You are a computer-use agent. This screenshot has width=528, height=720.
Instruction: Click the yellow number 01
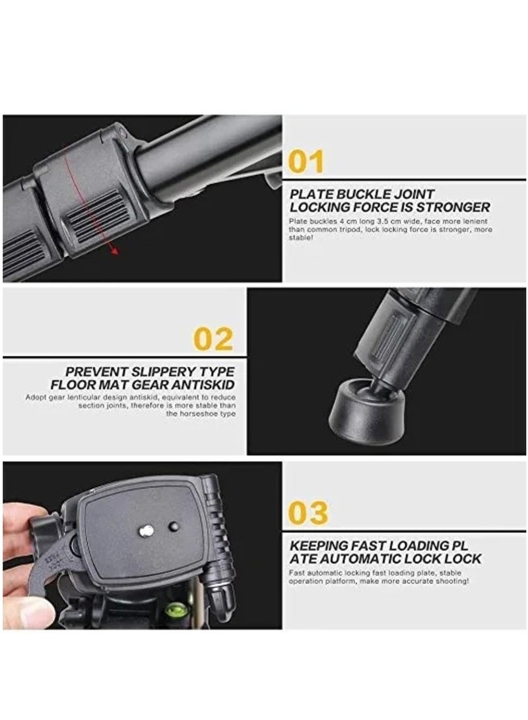point(306,162)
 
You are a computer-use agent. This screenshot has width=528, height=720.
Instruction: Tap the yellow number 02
point(213,339)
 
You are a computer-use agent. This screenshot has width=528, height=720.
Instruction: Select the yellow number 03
point(308,513)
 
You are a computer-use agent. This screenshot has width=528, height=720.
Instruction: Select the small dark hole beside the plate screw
point(174,526)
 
